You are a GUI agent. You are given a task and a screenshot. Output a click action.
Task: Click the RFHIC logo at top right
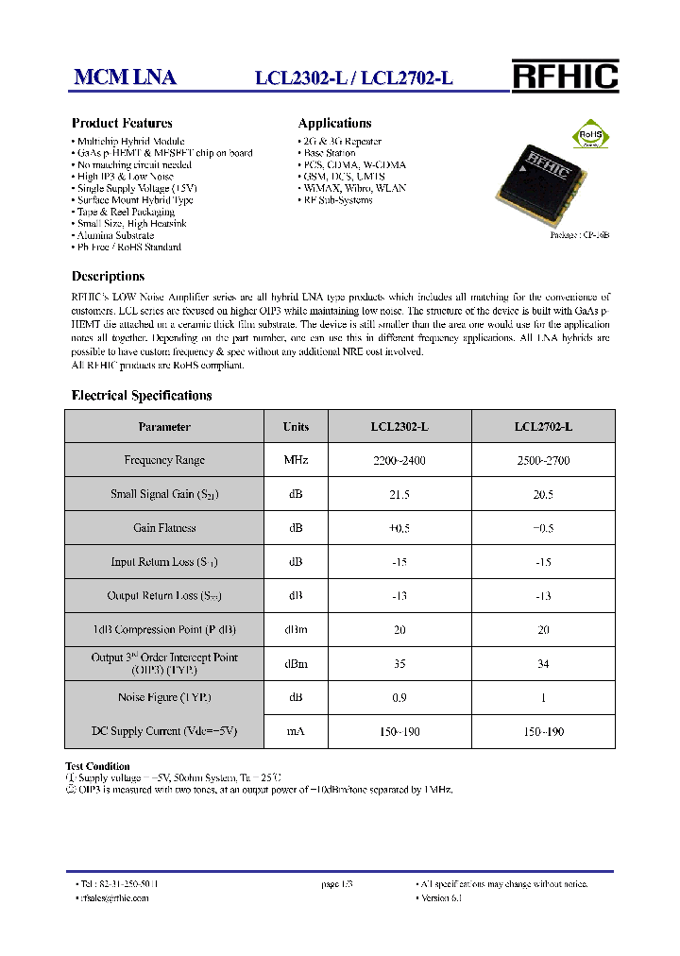coord(565,76)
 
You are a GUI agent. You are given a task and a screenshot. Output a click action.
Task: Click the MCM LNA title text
coord(125,78)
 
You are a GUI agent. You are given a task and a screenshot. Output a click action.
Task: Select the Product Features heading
coord(122,123)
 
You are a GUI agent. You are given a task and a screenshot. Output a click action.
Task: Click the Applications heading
coord(334,123)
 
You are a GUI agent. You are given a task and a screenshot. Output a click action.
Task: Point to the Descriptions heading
coord(108,277)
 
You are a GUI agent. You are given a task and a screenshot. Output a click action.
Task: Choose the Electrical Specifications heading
coord(142,396)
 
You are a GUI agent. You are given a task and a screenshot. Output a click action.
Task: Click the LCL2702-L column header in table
coord(543,427)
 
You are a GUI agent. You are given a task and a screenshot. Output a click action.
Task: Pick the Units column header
coord(296,427)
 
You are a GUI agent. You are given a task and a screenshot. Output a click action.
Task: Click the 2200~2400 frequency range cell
coord(399,461)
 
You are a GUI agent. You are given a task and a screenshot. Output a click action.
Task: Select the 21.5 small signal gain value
coord(399,495)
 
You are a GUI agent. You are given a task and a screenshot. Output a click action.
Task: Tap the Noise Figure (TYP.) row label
coord(164,697)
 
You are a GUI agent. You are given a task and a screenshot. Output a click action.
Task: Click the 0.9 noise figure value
coord(399,697)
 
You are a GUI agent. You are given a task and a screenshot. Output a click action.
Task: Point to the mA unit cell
coord(296,732)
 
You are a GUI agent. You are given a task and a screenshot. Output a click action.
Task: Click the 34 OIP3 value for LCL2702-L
coord(543,664)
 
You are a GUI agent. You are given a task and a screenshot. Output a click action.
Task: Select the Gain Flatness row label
coord(164,528)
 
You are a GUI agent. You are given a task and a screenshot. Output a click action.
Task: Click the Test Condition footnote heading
coord(97,766)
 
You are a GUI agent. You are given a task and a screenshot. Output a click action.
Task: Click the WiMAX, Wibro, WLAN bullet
coord(351,188)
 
